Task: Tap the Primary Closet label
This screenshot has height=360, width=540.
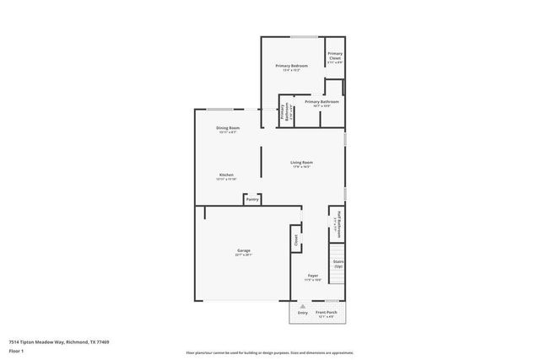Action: pos(335,59)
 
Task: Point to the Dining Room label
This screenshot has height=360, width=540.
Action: pos(228,129)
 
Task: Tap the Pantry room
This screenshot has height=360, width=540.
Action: pos(251,199)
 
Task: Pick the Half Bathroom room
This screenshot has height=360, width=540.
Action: pos(337,223)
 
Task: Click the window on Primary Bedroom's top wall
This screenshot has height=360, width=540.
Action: pos(304,36)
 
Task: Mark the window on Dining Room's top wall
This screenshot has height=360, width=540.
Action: pos(221,109)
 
